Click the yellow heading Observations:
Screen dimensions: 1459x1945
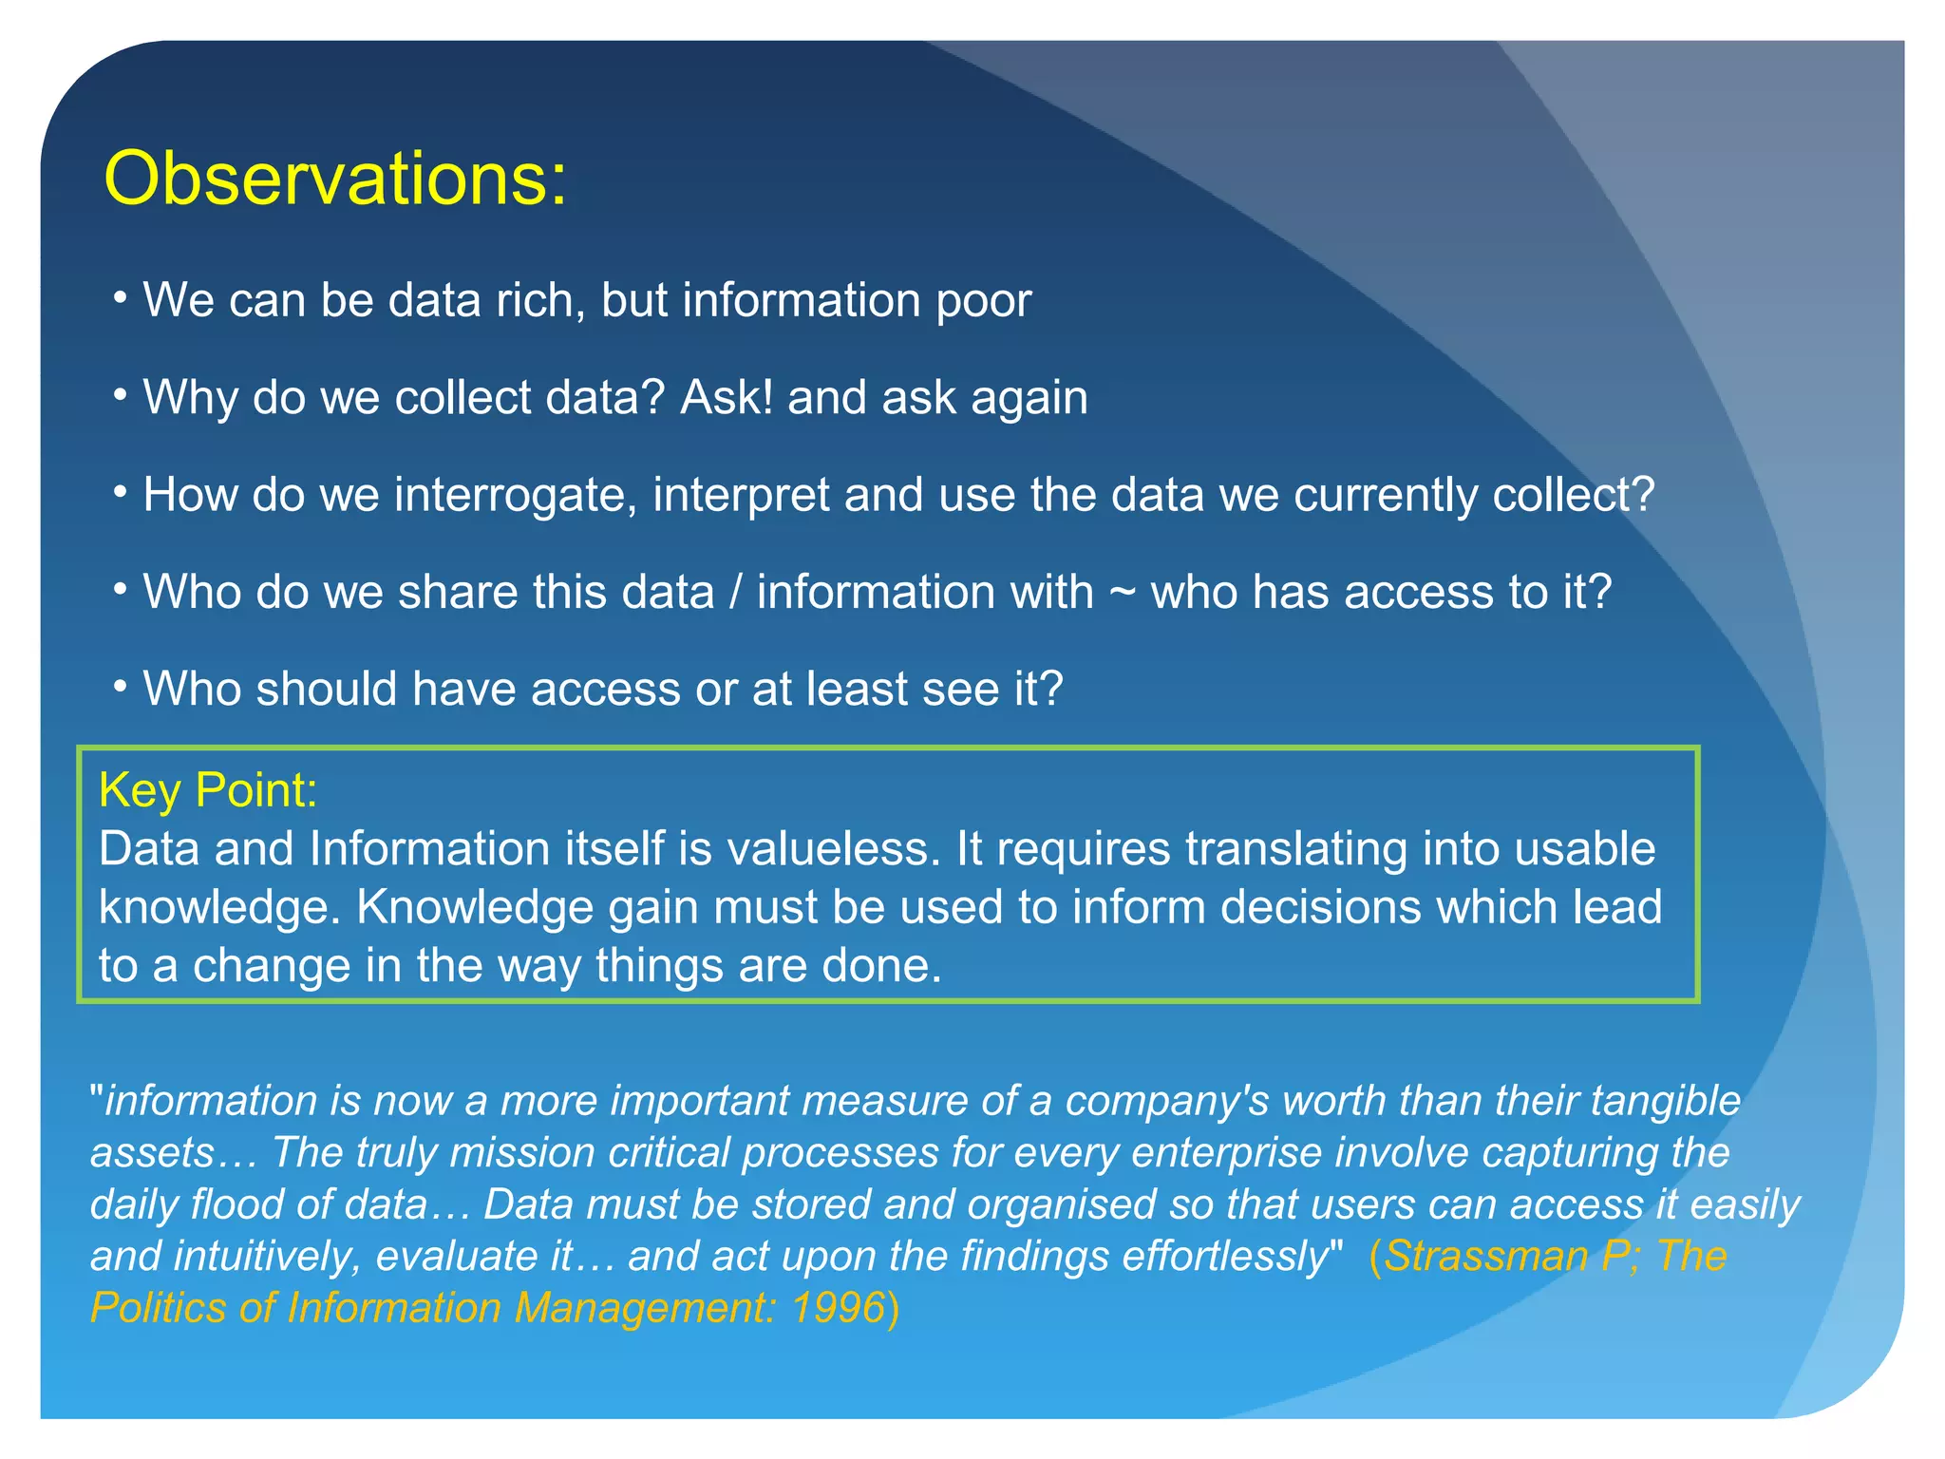coord(335,179)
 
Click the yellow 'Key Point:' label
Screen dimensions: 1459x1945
coord(208,790)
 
